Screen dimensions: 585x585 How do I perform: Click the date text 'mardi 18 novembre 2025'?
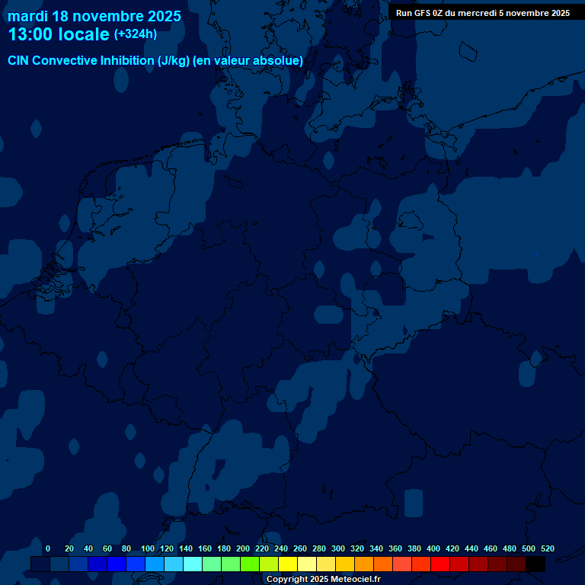pos(94,16)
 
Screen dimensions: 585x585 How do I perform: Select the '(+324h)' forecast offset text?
pos(136,34)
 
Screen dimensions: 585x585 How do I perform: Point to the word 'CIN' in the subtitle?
pos(18,61)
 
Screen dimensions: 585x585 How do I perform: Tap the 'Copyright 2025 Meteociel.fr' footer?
pos(323,579)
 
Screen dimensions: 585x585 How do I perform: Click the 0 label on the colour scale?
pos(48,548)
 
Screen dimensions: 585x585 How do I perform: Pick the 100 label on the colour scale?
pos(148,548)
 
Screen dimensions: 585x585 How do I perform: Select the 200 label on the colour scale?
pos(243,548)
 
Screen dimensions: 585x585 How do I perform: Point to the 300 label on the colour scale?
pos(338,548)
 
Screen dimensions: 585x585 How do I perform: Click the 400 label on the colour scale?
pos(433,548)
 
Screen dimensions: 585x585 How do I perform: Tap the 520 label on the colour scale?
pos(547,548)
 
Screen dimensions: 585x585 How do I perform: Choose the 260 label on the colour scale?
pos(300,548)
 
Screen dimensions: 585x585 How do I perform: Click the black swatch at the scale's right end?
pos(535,564)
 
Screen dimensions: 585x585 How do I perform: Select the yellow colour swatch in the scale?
pos(288,564)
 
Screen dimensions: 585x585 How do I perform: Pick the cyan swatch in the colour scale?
pos(193,564)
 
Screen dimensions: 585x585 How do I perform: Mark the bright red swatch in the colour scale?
pos(440,564)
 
